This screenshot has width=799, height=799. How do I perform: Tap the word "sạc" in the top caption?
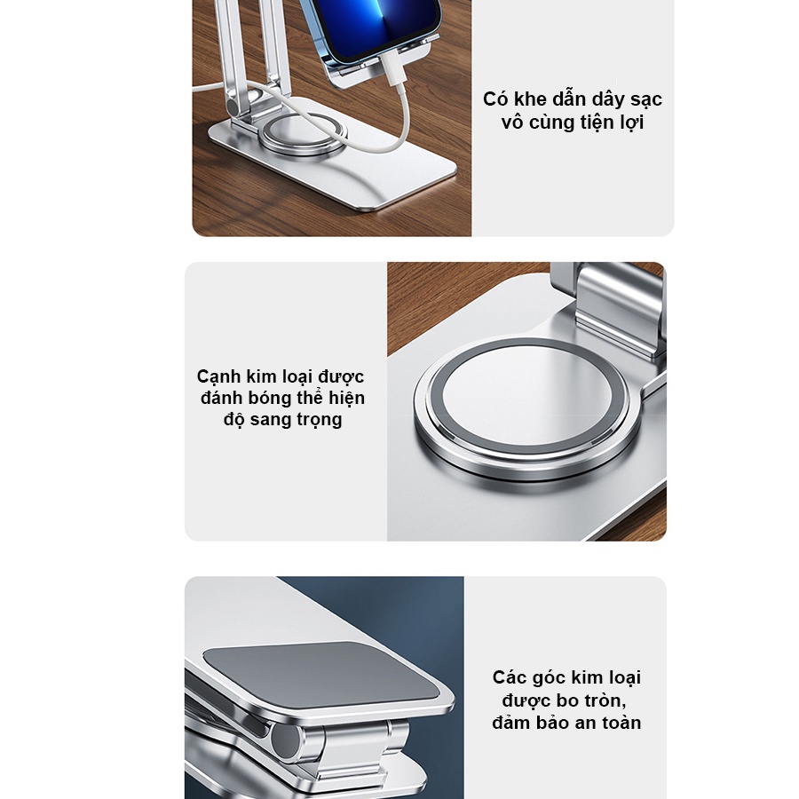(x=646, y=99)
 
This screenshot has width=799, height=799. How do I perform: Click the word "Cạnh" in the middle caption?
(x=218, y=377)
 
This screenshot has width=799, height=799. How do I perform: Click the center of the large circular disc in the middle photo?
(x=527, y=407)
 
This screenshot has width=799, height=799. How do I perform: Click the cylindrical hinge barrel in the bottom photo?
(x=288, y=740)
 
